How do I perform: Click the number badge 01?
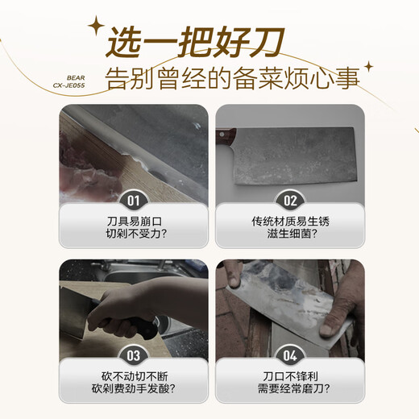click(133, 201)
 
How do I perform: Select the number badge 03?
click(133, 355)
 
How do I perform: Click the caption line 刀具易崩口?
click(133, 221)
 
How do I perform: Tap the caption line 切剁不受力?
click(133, 235)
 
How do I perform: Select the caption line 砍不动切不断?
click(133, 375)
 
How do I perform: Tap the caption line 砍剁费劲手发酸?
click(133, 390)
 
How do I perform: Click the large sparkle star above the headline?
click(97, 27)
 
